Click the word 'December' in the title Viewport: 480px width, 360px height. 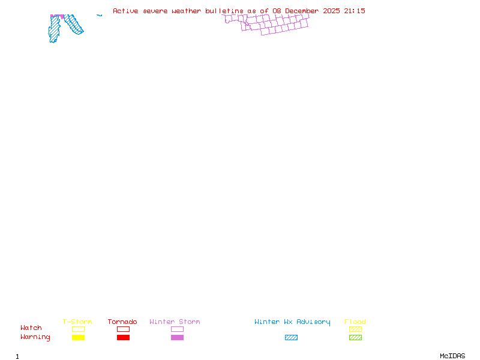[303, 11]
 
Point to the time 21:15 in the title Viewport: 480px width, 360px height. [355, 11]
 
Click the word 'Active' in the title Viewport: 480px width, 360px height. [126, 11]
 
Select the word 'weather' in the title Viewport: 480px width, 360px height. [187, 11]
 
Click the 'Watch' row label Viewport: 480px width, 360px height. [31, 328]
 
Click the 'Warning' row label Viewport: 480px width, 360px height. [35, 337]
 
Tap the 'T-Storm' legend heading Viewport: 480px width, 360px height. [77, 322]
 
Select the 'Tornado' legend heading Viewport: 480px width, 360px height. [122, 322]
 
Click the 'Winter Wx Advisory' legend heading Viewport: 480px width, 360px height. [292, 322]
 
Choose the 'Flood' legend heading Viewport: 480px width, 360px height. [355, 322]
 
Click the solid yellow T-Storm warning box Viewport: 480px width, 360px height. [78, 338]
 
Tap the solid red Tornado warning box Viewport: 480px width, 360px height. [123, 338]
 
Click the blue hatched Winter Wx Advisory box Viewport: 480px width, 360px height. [291, 338]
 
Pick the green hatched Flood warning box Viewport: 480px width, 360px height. [355, 338]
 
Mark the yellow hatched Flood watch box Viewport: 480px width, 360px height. [355, 329]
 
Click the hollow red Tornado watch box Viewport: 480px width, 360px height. [123, 329]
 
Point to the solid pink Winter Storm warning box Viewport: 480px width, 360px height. [177, 338]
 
